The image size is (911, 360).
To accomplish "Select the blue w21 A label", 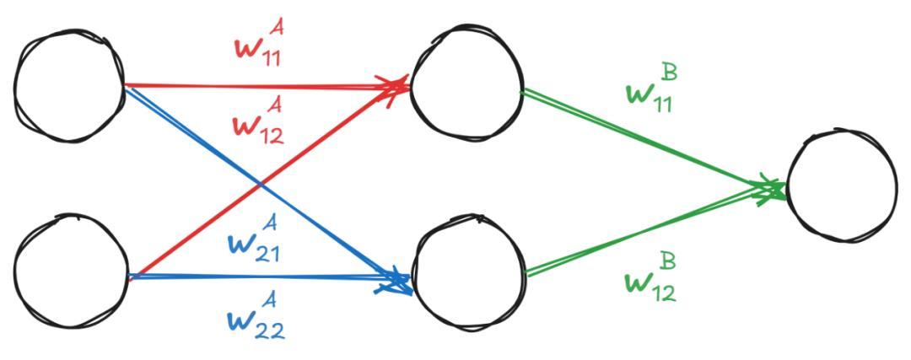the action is [252, 242].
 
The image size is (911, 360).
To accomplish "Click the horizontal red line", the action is [267, 87].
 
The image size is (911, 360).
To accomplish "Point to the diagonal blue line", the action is [267, 185].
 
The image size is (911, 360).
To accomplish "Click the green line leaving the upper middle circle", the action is [654, 139].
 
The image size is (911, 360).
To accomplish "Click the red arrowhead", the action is [394, 87].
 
